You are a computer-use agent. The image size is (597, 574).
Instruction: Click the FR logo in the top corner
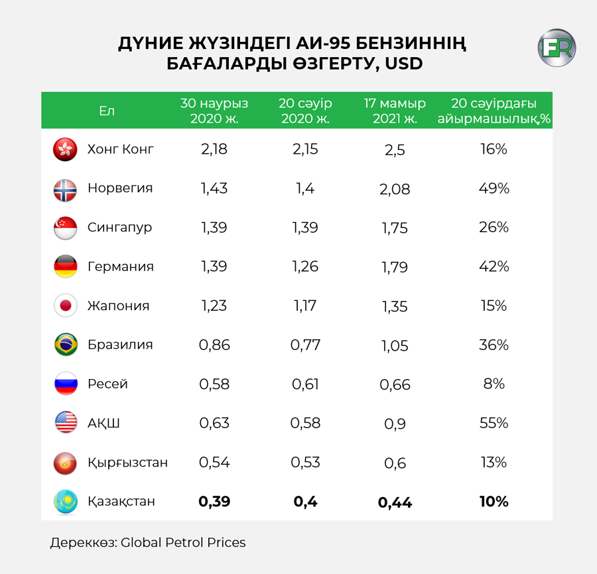557,48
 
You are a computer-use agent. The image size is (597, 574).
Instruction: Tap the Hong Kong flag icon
65,149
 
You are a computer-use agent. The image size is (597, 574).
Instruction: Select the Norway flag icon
65,190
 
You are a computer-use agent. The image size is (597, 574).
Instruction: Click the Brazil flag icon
66,345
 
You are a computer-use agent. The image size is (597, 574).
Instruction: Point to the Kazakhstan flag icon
66,501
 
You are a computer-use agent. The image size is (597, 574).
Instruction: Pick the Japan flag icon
66,306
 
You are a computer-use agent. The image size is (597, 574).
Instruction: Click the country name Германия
121,266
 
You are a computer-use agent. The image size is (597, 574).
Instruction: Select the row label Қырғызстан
127,463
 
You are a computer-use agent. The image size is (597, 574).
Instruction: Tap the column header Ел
107,111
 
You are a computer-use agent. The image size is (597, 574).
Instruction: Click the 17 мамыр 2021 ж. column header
395,111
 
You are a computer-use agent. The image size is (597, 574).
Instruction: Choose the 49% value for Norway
494,188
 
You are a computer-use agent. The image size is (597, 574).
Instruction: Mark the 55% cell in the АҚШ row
494,423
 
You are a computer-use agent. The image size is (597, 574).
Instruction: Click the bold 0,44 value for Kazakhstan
395,502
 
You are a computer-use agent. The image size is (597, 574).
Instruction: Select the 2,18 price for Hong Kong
214,149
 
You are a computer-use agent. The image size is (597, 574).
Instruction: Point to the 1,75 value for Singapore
395,228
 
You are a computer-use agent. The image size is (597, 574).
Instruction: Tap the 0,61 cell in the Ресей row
305,384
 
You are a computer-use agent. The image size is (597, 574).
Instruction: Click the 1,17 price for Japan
305,306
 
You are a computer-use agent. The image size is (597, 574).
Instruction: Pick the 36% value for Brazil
494,345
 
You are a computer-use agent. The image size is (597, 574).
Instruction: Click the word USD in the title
403,64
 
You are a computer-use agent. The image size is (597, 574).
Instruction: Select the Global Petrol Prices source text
183,542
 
